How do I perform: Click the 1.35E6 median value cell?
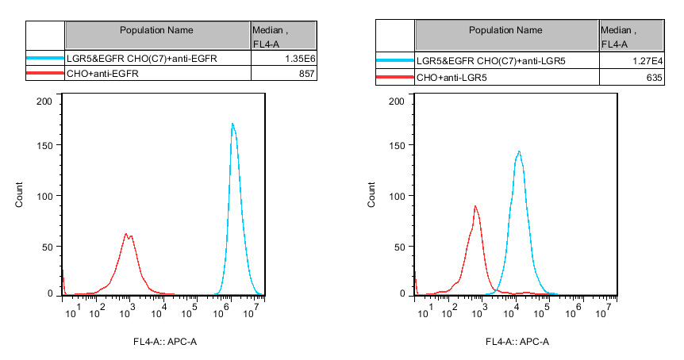coord(300,59)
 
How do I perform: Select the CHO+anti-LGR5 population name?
coord(452,78)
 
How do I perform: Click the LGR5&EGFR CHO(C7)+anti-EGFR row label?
coord(142,59)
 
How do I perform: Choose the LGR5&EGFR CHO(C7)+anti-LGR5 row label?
coord(492,62)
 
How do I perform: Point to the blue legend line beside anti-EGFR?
coord(45,59)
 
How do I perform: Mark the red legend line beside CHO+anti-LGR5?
coord(394,78)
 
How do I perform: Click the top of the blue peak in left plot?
coord(232,124)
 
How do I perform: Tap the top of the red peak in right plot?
coord(475,206)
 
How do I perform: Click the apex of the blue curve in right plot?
coord(518,151)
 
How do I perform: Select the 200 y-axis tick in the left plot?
coord(44,101)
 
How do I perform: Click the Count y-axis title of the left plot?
coord(19,197)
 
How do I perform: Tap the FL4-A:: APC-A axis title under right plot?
coord(517,342)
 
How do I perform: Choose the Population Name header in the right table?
coord(505,30)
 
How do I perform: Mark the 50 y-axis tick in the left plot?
coord(48,246)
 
